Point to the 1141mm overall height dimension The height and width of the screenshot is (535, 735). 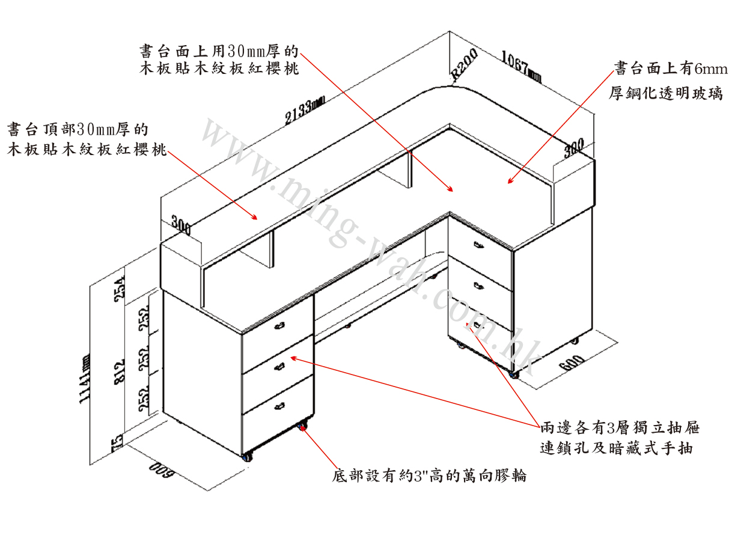point(85,379)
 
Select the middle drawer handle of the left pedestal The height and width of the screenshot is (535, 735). point(279,366)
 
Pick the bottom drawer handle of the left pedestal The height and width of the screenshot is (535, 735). point(279,407)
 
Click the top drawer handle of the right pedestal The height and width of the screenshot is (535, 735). point(479,245)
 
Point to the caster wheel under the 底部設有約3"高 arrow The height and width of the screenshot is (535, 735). point(302,427)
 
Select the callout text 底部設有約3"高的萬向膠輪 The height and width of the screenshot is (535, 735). point(429,476)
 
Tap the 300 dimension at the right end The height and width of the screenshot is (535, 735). point(574,148)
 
